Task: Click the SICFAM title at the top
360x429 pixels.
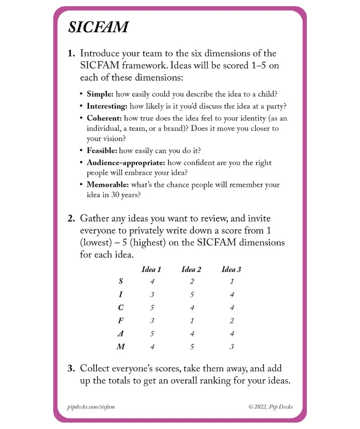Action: [x=98, y=27]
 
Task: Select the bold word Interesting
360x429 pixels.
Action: [x=107, y=106]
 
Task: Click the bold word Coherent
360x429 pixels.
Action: [x=104, y=118]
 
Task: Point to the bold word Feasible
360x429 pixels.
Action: [x=101, y=151]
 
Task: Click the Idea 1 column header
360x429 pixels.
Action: [x=151, y=269]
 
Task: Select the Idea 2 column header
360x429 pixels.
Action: [x=191, y=269]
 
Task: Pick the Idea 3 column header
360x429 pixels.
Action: [x=231, y=269]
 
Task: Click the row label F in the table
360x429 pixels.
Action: [x=121, y=321]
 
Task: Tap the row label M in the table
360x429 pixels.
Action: [x=121, y=347]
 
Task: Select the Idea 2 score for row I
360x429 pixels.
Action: [x=191, y=294]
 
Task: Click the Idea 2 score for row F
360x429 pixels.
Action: [x=191, y=321]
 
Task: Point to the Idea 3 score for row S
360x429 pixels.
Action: [x=232, y=282]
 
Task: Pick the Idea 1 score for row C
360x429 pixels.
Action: [x=152, y=307]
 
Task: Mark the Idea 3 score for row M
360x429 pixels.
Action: [x=232, y=347]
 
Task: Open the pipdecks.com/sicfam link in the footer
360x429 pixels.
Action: [x=91, y=407]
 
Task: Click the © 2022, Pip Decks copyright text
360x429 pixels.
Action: [x=270, y=407]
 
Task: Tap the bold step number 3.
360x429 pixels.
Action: [x=71, y=369]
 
